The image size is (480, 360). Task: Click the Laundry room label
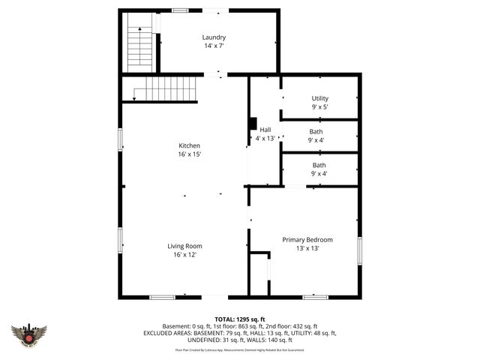tap(214, 37)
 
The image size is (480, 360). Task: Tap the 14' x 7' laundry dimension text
tap(214, 46)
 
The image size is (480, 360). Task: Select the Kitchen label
tap(189, 145)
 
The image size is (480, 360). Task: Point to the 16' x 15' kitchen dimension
tap(189, 154)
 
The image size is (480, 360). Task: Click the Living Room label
tap(184, 246)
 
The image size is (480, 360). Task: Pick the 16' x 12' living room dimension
tap(184, 255)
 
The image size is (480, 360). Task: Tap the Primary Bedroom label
tap(307, 240)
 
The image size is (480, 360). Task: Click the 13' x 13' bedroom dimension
tap(307, 249)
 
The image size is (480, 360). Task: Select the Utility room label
tap(319, 98)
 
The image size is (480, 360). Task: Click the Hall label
tap(265, 130)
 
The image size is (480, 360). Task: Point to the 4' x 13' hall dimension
tap(265, 139)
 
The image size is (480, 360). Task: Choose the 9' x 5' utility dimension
tap(319, 107)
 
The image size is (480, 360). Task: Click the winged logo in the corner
tap(29, 334)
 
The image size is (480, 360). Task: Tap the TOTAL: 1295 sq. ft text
tap(240, 319)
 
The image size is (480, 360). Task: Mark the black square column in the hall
tap(253, 124)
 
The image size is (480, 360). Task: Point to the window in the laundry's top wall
tap(180, 10)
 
